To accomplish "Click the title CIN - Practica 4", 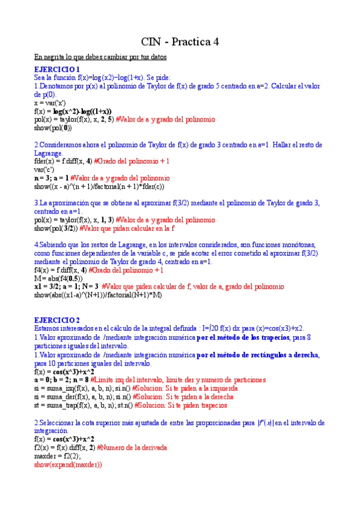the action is tap(180, 41).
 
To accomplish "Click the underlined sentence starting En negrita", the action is tap(100, 57).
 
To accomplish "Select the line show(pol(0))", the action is tap(53, 128).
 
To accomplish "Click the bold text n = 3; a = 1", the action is tap(51, 178).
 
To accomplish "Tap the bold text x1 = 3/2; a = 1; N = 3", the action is tap(66, 287).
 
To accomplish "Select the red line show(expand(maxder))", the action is tap(68, 465).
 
